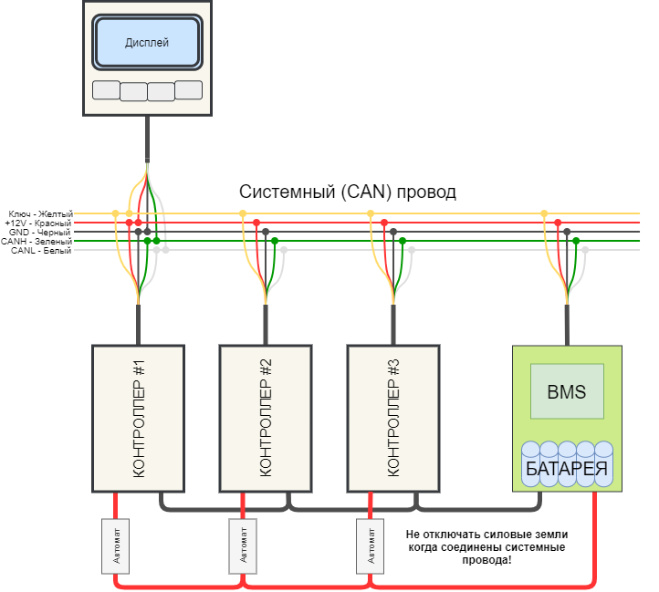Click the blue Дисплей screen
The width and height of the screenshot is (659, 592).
point(147,42)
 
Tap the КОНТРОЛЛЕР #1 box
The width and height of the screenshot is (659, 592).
point(138,419)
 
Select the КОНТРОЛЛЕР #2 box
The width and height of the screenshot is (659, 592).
point(266,419)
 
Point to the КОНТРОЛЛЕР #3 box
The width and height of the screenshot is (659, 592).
point(393,419)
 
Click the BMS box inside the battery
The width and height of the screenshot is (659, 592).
point(567,391)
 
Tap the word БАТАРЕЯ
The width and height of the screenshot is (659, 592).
point(567,469)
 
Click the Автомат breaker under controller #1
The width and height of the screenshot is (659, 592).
point(116,545)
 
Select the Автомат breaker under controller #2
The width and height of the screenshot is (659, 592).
point(243,545)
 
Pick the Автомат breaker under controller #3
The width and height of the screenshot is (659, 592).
point(371,545)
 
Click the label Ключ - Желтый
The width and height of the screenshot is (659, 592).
point(41,213)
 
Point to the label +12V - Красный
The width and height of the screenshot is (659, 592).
point(38,223)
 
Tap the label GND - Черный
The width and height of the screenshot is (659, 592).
point(40,233)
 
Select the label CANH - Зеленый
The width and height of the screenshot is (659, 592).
point(37,242)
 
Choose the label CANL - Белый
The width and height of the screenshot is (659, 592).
point(41,251)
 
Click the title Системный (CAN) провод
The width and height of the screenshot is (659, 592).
point(348,192)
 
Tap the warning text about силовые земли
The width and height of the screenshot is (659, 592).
point(486,547)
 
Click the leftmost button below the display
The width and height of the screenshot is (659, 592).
point(106,90)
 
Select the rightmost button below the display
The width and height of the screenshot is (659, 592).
point(189,90)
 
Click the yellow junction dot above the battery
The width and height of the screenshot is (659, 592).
point(544,213)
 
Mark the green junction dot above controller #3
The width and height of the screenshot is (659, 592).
point(403,241)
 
